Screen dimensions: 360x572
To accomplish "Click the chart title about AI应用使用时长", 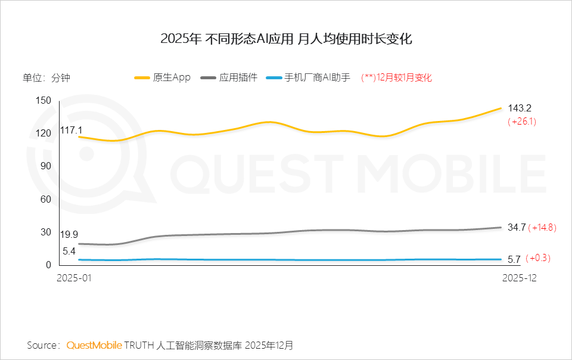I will (286, 39).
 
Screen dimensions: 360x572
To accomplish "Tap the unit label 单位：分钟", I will (46, 78).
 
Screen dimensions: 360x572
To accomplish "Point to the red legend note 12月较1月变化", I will (397, 78).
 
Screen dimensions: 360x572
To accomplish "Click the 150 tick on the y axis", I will (44, 100).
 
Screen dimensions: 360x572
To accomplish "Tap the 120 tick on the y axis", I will (44, 133).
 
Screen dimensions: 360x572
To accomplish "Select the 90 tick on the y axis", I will (46, 166).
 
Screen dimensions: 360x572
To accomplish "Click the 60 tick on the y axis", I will (46, 199).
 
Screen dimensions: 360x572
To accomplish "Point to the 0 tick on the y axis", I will (49, 265).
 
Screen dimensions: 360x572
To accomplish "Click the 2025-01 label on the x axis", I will (75, 278).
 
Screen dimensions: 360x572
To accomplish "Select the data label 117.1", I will (71, 130).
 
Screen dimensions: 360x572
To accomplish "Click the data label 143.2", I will (520, 108).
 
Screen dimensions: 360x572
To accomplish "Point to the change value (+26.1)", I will (522, 122).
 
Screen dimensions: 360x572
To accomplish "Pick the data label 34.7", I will (516, 227).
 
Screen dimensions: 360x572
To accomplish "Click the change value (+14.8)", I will (543, 227).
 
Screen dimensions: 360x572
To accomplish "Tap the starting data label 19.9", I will (69, 234).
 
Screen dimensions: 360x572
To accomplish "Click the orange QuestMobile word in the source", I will (94, 346).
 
